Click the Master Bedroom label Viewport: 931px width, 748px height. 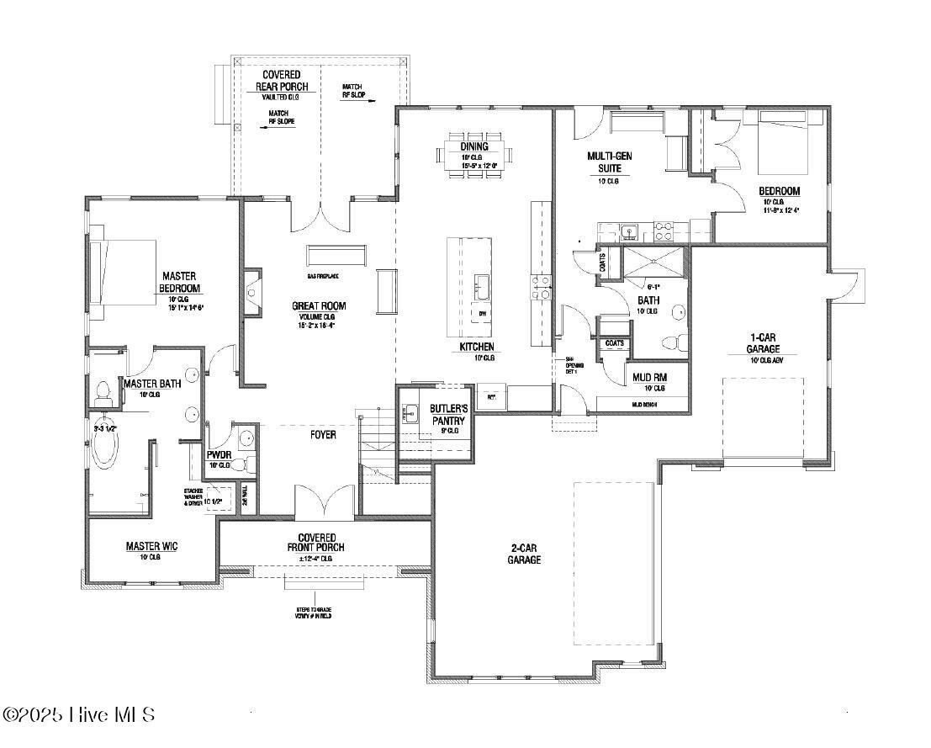[177, 283]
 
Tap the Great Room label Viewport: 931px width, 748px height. [319, 306]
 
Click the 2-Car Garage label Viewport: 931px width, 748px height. [526, 554]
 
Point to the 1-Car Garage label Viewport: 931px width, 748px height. [764, 342]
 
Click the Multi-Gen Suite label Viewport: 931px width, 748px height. [610, 162]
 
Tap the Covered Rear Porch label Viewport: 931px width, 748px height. [282, 81]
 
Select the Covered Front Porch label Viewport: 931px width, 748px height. [316, 543]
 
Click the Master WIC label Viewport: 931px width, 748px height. [151, 546]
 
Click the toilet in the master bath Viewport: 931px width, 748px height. [103, 391]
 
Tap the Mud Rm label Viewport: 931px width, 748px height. [648, 378]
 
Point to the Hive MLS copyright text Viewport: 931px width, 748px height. [79, 714]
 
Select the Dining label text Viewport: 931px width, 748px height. [473, 146]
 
